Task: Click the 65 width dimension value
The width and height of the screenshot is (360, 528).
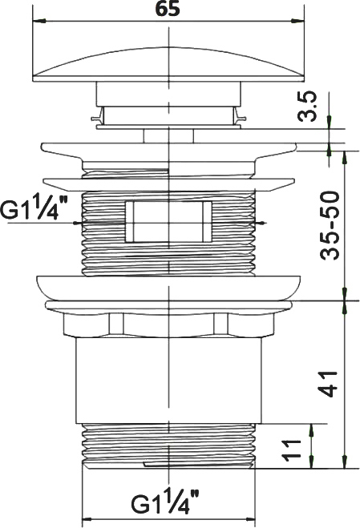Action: (168, 10)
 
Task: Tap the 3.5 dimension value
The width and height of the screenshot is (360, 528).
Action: (307, 106)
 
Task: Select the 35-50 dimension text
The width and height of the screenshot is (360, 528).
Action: (329, 226)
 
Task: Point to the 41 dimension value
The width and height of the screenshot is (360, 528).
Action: (328, 384)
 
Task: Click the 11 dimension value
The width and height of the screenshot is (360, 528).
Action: (292, 449)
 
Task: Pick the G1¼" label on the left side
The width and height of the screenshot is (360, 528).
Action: (34, 209)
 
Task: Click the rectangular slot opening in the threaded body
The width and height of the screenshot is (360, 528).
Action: (168, 222)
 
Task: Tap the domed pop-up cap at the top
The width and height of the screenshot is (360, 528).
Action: (168, 64)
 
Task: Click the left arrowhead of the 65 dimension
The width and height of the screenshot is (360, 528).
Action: (38, 21)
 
